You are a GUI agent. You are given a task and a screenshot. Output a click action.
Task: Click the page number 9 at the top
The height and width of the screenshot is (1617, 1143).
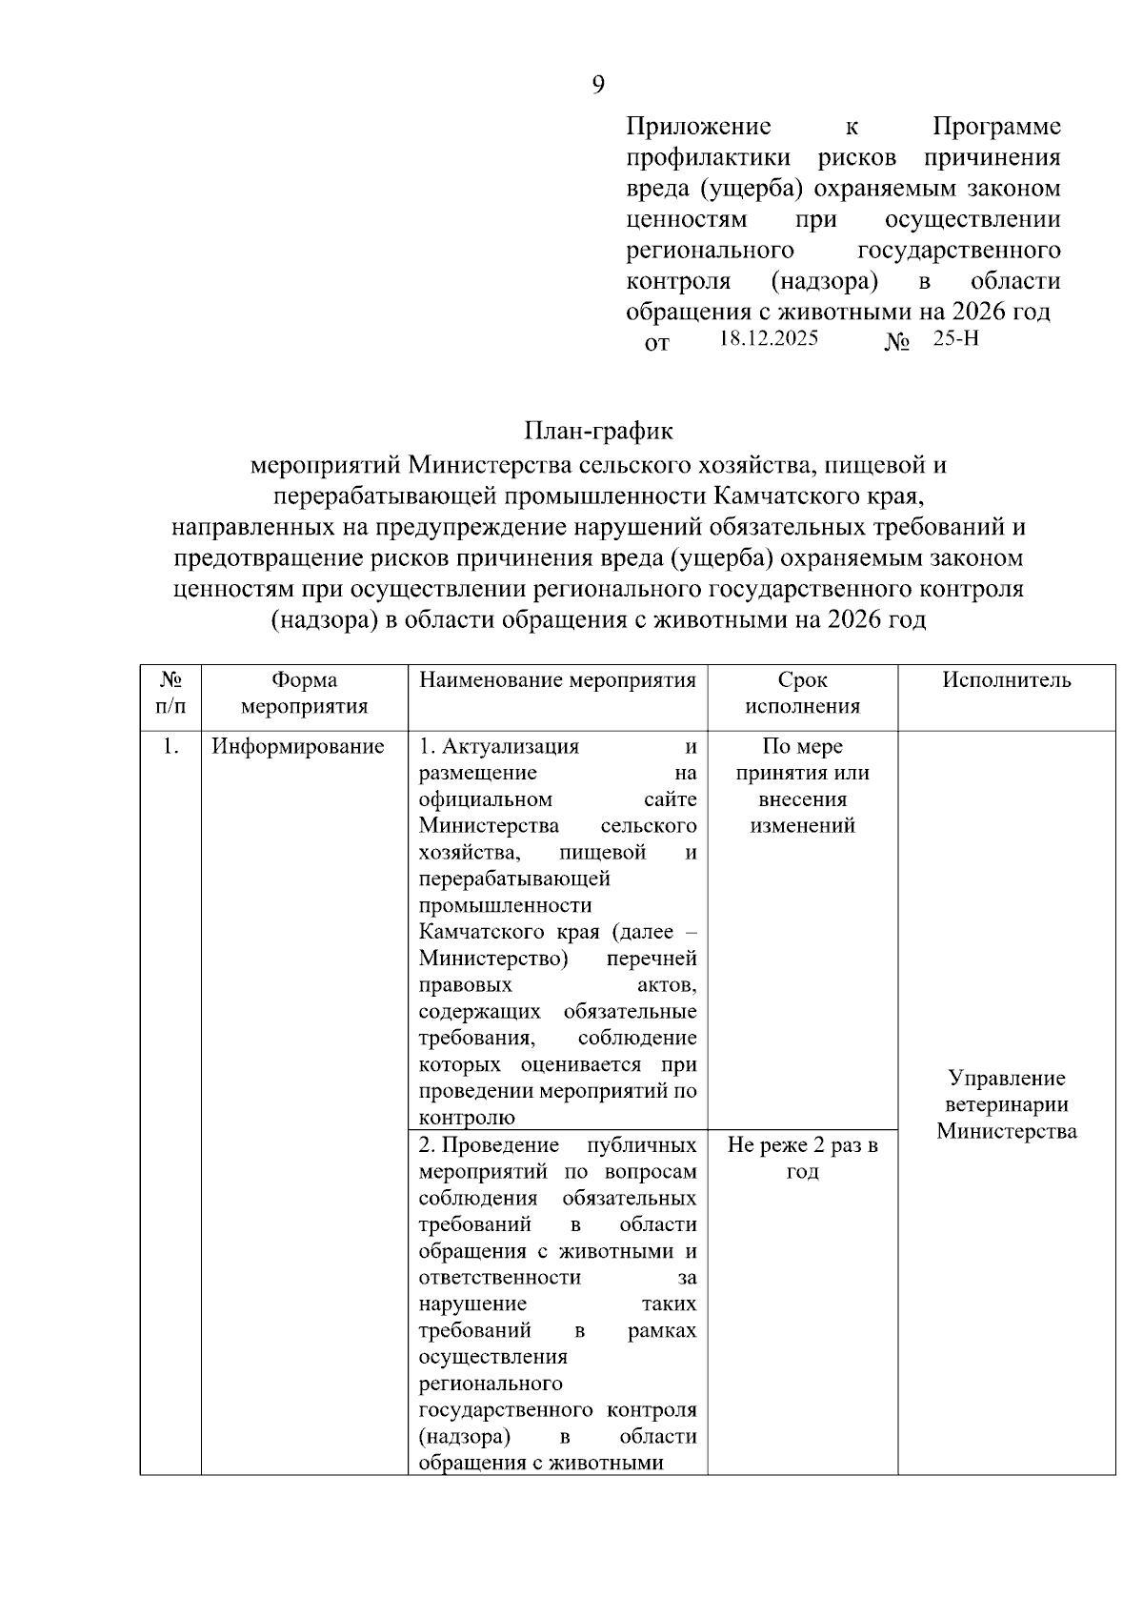pos(598,86)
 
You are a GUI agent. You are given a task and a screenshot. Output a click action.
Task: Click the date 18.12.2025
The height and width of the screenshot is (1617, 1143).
pos(769,338)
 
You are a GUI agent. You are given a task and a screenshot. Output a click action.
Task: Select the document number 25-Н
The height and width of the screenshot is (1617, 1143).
pos(955,338)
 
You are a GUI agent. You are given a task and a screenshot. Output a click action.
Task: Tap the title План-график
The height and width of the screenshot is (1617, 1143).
pos(598,432)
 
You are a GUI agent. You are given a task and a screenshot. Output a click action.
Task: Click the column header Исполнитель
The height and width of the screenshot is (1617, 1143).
pos(1006,680)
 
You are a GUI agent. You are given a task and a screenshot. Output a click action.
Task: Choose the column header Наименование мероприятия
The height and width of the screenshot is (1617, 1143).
pos(557,680)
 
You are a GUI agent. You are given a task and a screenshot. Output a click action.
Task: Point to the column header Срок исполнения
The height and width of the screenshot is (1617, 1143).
pos(802,693)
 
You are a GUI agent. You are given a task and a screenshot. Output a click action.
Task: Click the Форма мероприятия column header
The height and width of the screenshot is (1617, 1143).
pos(304,693)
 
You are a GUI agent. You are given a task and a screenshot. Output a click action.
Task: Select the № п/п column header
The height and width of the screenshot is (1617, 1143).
pos(170,693)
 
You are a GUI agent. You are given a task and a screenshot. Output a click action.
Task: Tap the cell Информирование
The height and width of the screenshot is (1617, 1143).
pos(297,747)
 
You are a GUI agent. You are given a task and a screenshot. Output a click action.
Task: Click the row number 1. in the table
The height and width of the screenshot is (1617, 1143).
pos(170,747)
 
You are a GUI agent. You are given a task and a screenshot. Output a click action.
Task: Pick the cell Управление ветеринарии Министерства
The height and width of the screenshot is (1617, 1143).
pos(1006,1104)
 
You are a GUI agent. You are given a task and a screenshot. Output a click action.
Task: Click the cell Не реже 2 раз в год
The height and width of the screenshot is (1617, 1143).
pos(802,1158)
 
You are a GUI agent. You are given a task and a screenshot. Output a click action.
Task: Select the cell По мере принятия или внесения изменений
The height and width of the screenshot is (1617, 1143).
pos(802,786)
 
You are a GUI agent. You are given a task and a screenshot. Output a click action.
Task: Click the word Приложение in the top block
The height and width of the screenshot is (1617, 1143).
pos(698,127)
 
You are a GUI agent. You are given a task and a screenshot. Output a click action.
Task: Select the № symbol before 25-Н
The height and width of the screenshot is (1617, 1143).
pos(897,342)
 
